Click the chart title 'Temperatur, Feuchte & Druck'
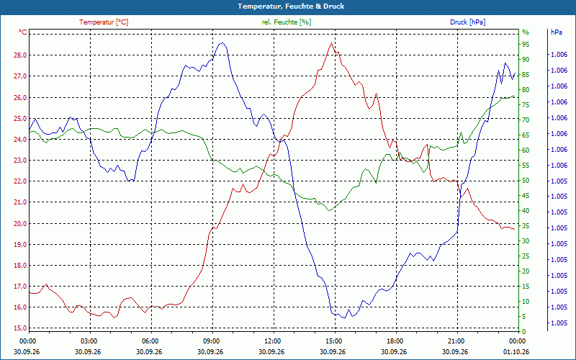point(291,6)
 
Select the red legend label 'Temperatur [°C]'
point(104,22)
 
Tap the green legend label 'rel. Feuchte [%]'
point(286,22)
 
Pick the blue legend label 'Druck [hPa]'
point(467,22)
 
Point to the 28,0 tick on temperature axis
point(20,55)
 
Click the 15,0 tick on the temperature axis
point(20,328)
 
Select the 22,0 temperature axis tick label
point(20,181)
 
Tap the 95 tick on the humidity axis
point(526,45)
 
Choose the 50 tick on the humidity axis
point(526,181)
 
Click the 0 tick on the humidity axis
point(524,332)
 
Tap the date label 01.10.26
point(516,351)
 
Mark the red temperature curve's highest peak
point(331,43)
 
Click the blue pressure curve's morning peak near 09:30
point(222,43)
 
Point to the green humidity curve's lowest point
point(330,210)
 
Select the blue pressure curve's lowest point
point(344,318)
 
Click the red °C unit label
point(23,32)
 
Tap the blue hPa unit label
point(556,32)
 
